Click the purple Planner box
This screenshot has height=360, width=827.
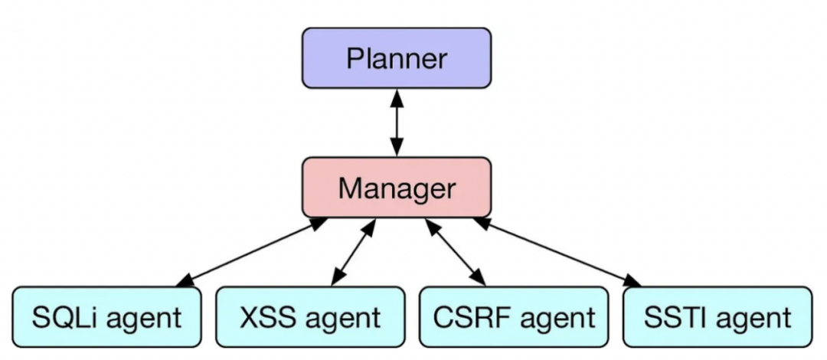tap(397, 58)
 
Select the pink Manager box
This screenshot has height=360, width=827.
tap(397, 187)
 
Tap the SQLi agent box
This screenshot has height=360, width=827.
tap(106, 316)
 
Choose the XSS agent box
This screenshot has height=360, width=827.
tap(310, 316)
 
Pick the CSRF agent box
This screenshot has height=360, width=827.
tap(514, 316)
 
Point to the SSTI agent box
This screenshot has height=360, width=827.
tap(717, 316)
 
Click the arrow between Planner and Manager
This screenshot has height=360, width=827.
tap(397, 123)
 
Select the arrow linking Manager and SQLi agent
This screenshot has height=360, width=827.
tap(252, 252)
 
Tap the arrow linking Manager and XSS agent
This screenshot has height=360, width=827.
tap(354, 252)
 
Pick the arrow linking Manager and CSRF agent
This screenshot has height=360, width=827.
tap(455, 252)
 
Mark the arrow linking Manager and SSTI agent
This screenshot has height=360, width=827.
tap(557, 252)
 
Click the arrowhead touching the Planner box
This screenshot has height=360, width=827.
tap(397, 97)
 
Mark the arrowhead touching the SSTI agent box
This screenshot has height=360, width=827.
tap(633, 281)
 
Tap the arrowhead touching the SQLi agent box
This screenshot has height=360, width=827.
tap(185, 281)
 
